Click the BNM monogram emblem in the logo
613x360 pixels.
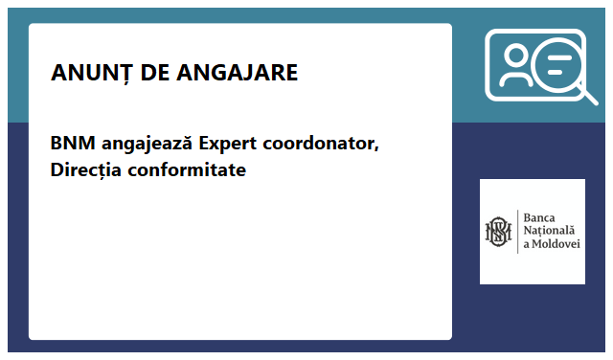point(498,232)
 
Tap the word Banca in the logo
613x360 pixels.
point(541,217)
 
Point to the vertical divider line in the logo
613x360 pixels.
point(517,232)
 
